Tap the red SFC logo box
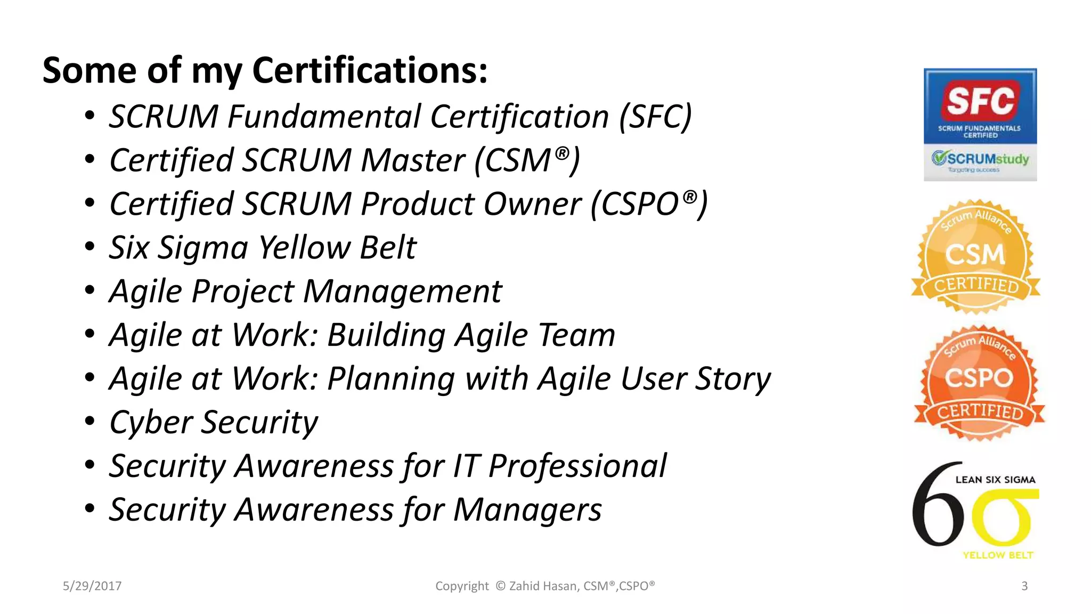point(980,100)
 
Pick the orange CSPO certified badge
point(979,383)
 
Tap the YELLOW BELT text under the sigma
point(997,555)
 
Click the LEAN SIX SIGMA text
point(995,480)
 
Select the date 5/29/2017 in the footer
point(92,586)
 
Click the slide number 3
point(1024,586)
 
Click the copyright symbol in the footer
point(500,586)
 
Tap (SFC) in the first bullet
point(655,117)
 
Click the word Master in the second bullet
point(413,160)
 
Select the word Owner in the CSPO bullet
point(532,204)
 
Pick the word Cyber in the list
point(151,423)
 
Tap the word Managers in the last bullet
point(527,510)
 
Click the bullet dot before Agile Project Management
point(89,290)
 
